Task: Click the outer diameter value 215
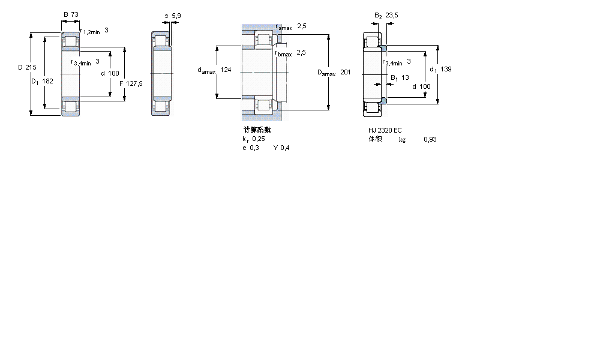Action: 31,67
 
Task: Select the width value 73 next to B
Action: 76,14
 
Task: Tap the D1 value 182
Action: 48,80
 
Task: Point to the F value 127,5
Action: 134,83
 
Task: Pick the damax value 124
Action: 226,70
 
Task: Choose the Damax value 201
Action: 345,73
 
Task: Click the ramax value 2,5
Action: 302,26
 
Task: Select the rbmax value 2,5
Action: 301,52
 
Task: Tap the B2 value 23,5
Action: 392,16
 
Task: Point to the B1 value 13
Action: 405,77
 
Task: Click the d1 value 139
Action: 446,69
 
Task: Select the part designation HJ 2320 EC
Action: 385,130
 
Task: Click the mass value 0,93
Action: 430,139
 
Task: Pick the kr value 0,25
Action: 258,139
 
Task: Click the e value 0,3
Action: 255,148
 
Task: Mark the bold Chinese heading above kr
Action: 257,130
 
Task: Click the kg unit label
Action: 402,139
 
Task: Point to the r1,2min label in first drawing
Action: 90,31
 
